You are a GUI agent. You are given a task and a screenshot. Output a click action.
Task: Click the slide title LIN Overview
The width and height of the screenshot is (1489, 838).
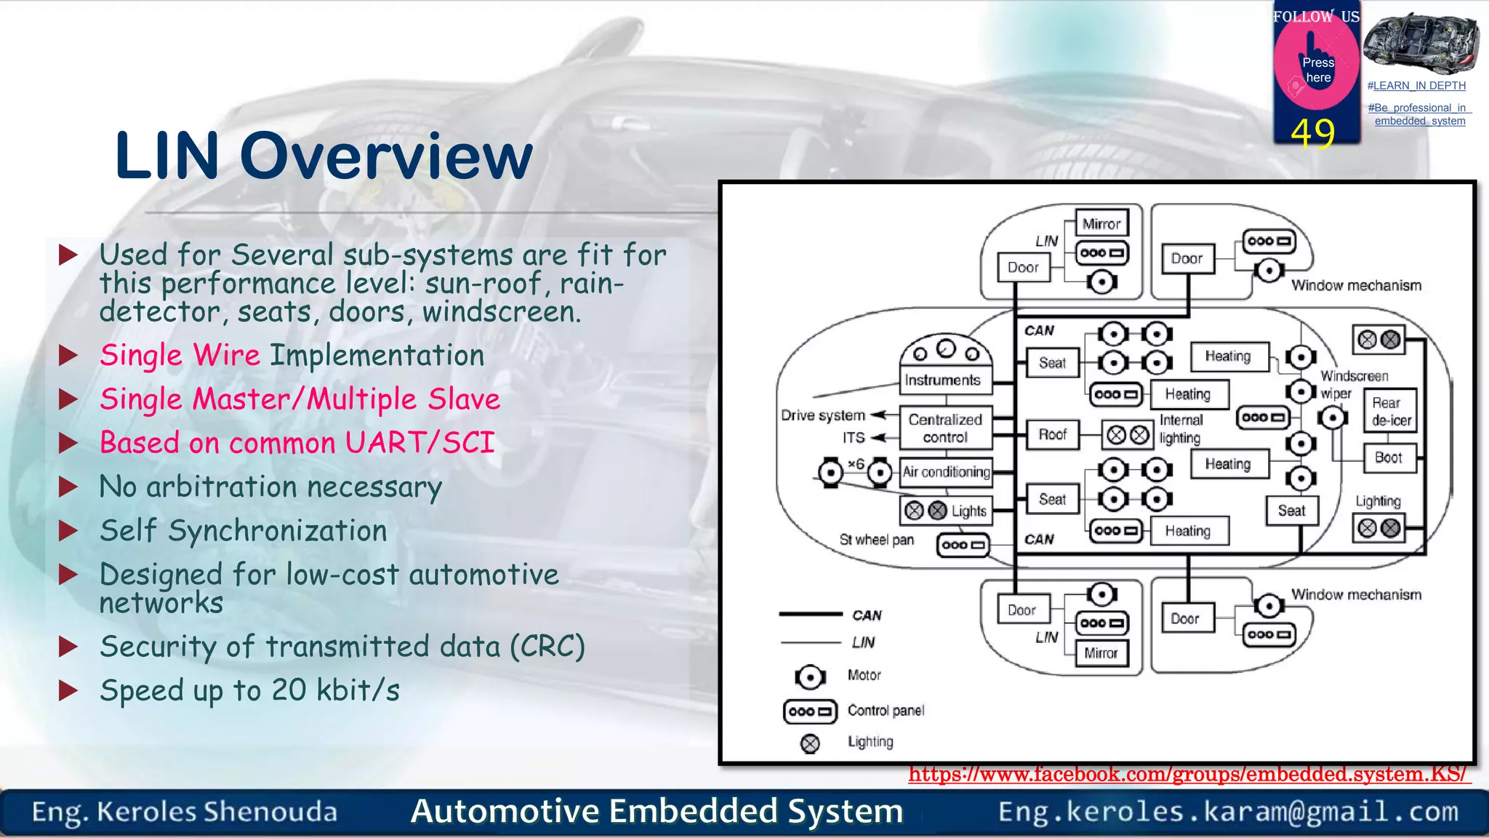coord(324,156)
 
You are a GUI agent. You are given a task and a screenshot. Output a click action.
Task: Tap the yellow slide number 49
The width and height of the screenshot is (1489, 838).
coord(1313,133)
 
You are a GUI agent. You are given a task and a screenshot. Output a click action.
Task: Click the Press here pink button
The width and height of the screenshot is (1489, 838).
coord(1317,69)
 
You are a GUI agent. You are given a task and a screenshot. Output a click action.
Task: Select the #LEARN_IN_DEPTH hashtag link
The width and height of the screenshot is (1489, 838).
coord(1416,86)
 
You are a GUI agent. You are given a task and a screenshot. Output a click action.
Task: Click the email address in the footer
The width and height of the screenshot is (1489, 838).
coord(1228,812)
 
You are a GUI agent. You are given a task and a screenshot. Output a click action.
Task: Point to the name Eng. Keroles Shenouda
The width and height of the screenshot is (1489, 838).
coord(185,812)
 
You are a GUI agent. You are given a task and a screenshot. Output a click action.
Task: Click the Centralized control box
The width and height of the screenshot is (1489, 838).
coord(945,428)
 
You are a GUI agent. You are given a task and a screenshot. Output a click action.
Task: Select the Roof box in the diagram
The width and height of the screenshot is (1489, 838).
coord(1052,435)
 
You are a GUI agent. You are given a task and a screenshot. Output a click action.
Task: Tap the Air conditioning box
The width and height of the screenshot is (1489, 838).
coord(946,472)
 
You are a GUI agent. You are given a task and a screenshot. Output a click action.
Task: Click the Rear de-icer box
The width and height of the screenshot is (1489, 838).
coord(1390,412)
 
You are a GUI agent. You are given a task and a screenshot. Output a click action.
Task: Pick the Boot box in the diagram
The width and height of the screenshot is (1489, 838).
coord(1389,458)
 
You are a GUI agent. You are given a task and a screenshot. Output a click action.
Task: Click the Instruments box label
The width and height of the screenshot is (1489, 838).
coord(943,380)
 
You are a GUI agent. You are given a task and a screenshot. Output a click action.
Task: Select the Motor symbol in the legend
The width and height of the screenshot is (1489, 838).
coord(809,677)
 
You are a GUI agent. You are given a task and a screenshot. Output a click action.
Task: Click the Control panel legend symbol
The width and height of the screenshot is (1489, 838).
coord(810,711)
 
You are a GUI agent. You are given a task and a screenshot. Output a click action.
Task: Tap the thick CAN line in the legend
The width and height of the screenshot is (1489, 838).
coord(810,615)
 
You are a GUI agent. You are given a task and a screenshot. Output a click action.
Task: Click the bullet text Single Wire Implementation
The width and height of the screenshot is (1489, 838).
coord(292,356)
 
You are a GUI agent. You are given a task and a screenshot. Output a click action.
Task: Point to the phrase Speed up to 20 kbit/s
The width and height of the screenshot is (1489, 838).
coord(249,690)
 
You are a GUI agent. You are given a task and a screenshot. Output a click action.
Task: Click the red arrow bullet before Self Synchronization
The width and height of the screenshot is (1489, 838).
coord(68,530)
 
